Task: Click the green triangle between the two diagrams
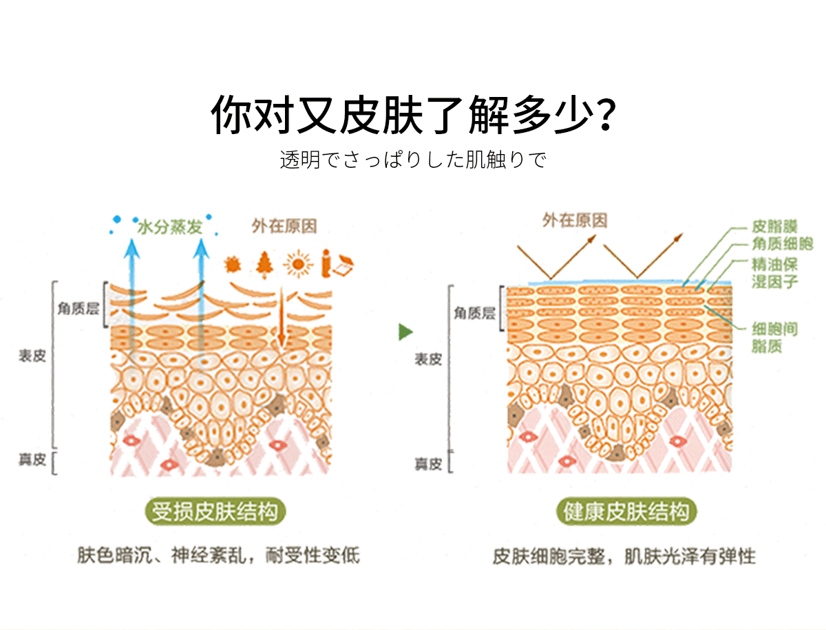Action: coord(405,333)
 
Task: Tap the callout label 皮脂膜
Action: coord(774,226)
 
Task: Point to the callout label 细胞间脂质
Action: coord(774,338)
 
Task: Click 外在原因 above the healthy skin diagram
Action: coord(575,220)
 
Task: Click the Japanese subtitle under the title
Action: coord(413,160)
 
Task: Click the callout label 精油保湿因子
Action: coord(774,273)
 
